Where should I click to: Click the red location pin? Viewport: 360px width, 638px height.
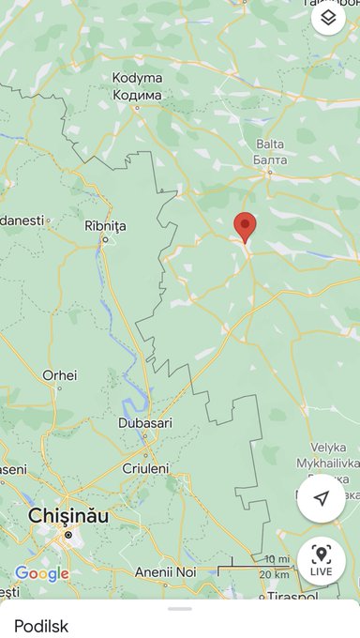[x=245, y=226]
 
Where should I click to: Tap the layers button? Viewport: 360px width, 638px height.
[x=328, y=18]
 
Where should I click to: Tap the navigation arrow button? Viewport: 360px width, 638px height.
[x=322, y=498]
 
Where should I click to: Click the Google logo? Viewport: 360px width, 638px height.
[x=41, y=573]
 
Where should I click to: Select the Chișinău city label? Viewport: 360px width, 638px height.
[x=68, y=516]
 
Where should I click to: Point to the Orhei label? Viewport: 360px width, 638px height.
[x=60, y=375]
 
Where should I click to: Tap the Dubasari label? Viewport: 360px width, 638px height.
[x=145, y=423]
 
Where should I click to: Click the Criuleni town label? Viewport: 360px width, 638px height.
[x=145, y=468]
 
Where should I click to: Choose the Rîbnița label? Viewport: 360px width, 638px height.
[x=105, y=226]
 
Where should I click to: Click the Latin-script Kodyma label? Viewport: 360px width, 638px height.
[x=137, y=79]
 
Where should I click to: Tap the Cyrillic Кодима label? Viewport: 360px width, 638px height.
[x=137, y=95]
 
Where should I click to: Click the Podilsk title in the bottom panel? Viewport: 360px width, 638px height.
[x=41, y=625]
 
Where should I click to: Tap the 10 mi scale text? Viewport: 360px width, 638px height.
[x=276, y=560]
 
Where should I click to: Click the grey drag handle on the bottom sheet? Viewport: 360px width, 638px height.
[x=179, y=608]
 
